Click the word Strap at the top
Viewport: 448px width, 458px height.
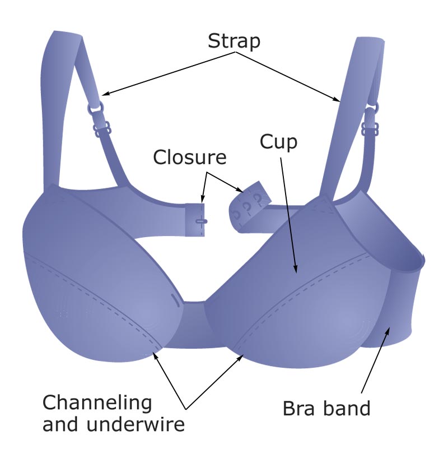pos(234,41)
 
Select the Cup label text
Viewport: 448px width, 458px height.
pos(278,142)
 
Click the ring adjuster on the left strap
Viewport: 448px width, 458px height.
pos(95,107)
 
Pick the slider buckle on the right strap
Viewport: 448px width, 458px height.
pos(369,129)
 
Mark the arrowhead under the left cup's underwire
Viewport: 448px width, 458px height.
pos(156,351)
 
